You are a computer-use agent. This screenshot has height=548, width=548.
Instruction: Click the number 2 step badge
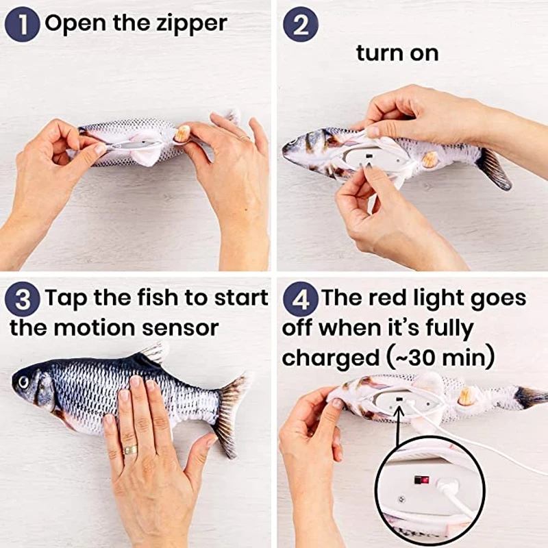[x=301, y=25]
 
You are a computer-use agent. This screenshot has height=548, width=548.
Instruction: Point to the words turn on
[x=397, y=53]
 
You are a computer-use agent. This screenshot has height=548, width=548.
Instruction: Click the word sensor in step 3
[x=180, y=327]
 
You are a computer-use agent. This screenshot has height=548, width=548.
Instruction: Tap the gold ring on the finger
[x=130, y=450]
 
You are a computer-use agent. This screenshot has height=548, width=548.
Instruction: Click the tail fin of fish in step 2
[x=495, y=168]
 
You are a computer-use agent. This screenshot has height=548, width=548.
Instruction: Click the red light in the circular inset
[x=425, y=480]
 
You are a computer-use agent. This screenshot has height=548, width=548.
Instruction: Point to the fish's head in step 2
[x=301, y=146]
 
